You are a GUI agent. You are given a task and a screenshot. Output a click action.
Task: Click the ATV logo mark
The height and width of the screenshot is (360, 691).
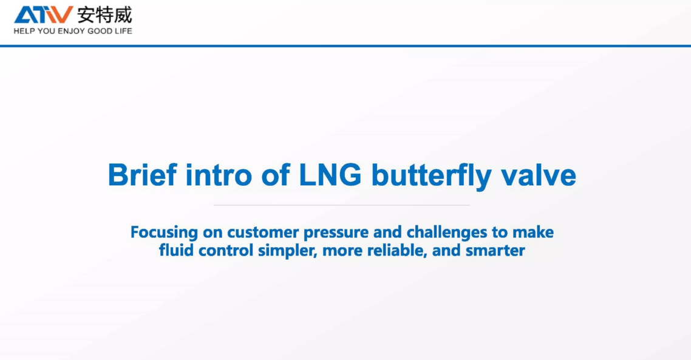click(44, 15)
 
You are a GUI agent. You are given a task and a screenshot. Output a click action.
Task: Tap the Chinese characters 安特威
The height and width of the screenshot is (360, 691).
click(104, 15)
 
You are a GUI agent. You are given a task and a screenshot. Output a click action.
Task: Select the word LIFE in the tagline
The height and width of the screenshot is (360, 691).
click(123, 32)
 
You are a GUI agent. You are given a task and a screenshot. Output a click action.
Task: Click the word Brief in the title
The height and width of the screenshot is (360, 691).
click(142, 175)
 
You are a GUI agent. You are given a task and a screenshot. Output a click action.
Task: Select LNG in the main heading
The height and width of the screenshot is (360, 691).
click(330, 175)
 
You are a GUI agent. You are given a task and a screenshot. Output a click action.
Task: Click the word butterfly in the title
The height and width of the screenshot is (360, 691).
click(432, 176)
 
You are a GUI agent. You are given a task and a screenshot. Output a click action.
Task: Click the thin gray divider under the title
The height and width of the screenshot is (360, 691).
click(342, 205)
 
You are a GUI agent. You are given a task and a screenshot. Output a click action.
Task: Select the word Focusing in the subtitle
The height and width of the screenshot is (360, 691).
click(164, 233)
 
